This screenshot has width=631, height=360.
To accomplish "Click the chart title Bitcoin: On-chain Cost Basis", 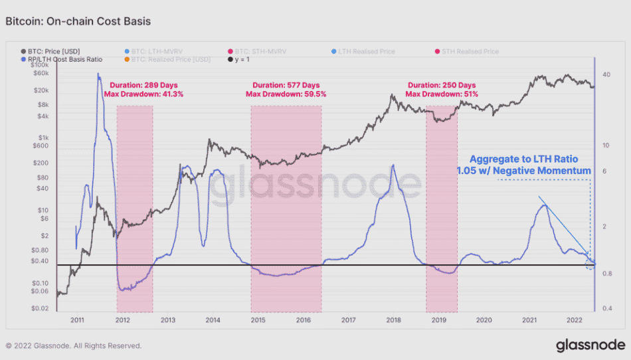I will pos(78,21).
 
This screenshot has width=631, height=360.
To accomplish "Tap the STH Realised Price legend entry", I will pos(470,51).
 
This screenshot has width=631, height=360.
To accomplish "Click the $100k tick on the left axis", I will pos(39,66).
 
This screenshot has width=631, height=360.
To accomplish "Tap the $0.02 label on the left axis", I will pos(39,308).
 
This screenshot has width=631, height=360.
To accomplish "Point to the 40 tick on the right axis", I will pos(606,74).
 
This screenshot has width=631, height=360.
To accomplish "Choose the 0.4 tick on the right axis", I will pos(606,308).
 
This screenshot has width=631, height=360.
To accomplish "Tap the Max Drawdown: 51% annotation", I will pos(442,94).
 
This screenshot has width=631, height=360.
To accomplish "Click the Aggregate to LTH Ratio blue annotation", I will pos(523,159).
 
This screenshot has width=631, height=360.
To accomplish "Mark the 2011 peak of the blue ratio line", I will pos(99,76).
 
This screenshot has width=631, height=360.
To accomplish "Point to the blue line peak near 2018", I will pos(393,164).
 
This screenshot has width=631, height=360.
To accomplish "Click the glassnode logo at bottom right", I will pos(590,345).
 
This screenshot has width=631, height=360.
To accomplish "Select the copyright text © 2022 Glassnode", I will pos(73,346).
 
